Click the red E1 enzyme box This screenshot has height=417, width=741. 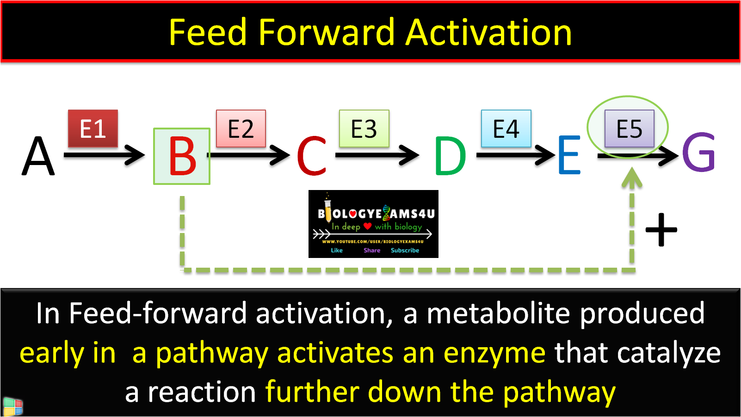pos(93,129)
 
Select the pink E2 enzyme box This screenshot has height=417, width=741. pos(241,129)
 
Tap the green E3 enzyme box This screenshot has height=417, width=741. pos(364,129)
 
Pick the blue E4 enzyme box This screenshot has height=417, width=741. pos(506,129)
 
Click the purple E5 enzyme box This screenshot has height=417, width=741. pos(630,129)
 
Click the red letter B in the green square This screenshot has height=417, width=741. pos(182,157)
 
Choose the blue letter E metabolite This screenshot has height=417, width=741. pos(569,155)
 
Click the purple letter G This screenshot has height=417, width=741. pos(699,153)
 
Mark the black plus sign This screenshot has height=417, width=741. pos(661,229)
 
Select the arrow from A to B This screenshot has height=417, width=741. pos(104,155)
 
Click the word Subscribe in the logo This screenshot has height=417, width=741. pos(405,251)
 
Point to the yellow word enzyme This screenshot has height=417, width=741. pos(494,353)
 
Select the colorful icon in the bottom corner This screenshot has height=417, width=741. pos(12,407)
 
